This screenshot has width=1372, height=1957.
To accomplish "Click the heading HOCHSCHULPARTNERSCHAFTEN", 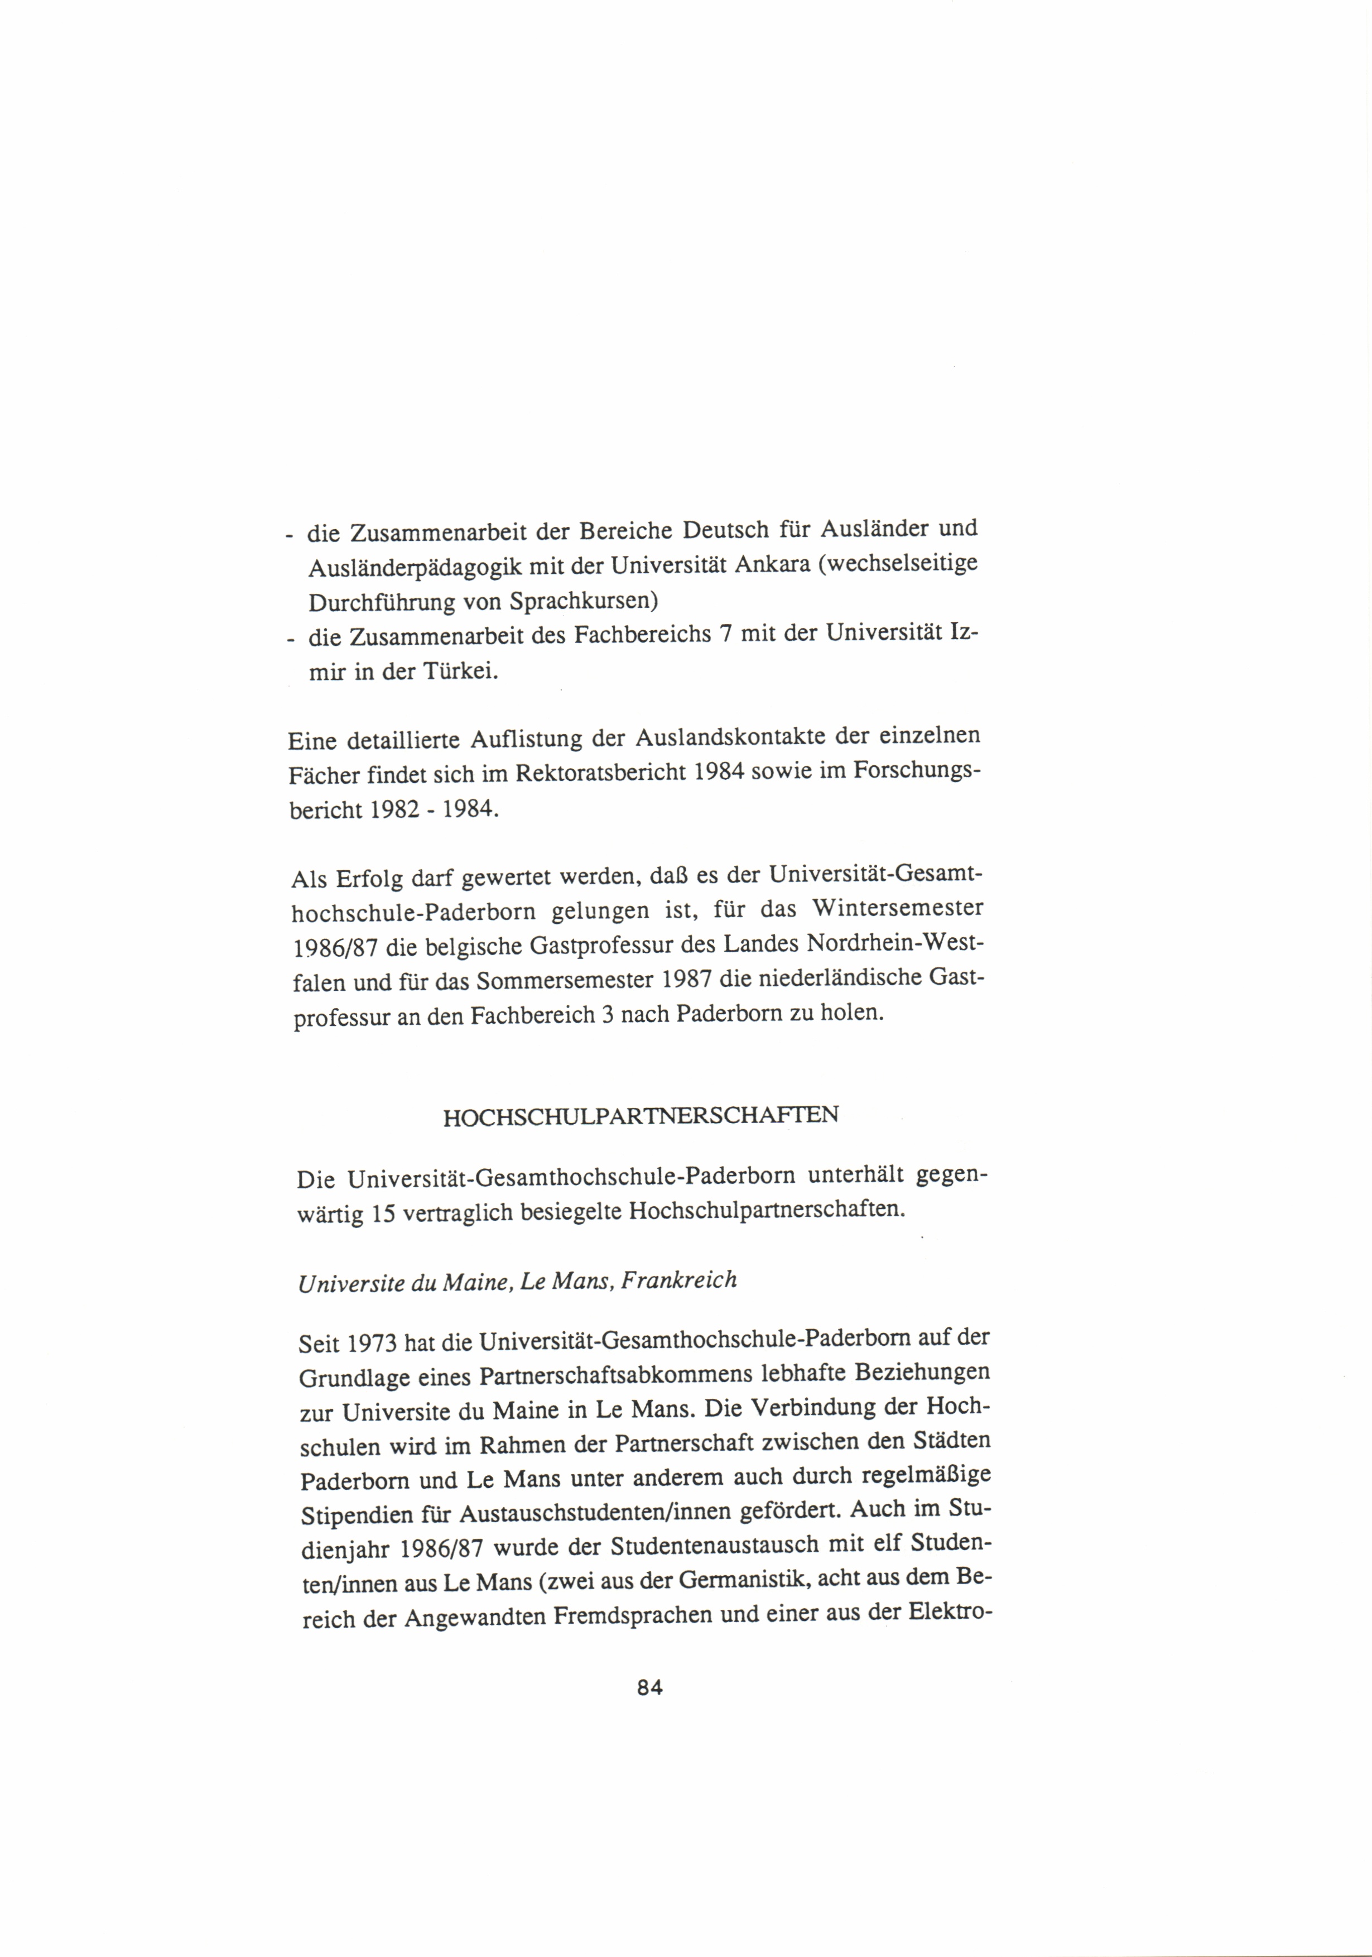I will (641, 1116).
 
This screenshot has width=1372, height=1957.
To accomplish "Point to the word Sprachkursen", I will (584, 602).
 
